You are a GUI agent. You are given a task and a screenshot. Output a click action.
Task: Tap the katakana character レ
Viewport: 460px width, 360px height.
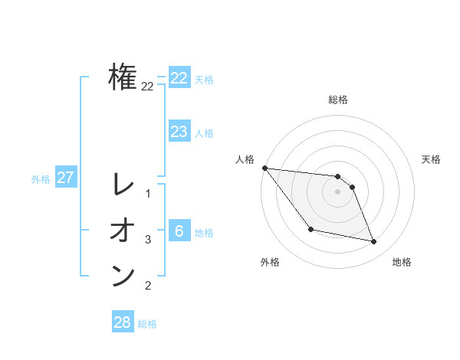point(123,184)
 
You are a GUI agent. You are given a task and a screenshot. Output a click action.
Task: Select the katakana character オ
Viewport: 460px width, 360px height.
point(123,230)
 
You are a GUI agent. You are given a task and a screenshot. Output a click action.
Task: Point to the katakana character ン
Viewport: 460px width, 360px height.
point(123,276)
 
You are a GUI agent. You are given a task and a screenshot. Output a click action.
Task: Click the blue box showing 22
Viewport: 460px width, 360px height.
point(179,78)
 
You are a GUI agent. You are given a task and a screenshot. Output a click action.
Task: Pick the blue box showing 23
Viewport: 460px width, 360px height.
point(179,132)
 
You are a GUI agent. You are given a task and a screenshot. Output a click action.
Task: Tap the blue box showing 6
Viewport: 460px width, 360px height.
point(179,231)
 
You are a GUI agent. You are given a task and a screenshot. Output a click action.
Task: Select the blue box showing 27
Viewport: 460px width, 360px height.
point(65,178)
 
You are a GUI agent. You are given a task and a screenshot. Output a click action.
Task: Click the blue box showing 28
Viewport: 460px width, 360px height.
point(122,322)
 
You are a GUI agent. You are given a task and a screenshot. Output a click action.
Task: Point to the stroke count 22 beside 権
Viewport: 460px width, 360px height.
point(147,87)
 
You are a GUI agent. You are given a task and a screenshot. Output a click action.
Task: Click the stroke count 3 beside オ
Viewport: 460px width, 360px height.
point(148,240)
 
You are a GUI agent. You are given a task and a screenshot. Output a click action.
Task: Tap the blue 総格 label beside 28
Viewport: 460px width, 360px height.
point(147,324)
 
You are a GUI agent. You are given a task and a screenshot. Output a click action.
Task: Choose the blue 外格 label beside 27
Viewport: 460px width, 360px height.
point(41,179)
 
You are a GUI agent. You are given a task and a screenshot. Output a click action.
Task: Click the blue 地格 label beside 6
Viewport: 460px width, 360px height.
point(204,233)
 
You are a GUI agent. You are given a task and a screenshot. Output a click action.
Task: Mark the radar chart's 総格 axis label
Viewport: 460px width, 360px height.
point(337,100)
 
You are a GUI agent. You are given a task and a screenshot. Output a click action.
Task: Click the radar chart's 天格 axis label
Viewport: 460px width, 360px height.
point(432,159)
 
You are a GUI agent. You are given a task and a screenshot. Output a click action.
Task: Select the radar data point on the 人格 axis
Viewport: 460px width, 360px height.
point(264,168)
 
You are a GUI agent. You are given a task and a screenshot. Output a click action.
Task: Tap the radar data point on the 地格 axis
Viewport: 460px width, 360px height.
point(374,242)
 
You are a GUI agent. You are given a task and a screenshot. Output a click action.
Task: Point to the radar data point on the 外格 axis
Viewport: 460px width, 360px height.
point(310,229)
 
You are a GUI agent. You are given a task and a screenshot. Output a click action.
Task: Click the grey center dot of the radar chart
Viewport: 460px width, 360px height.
point(337,191)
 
